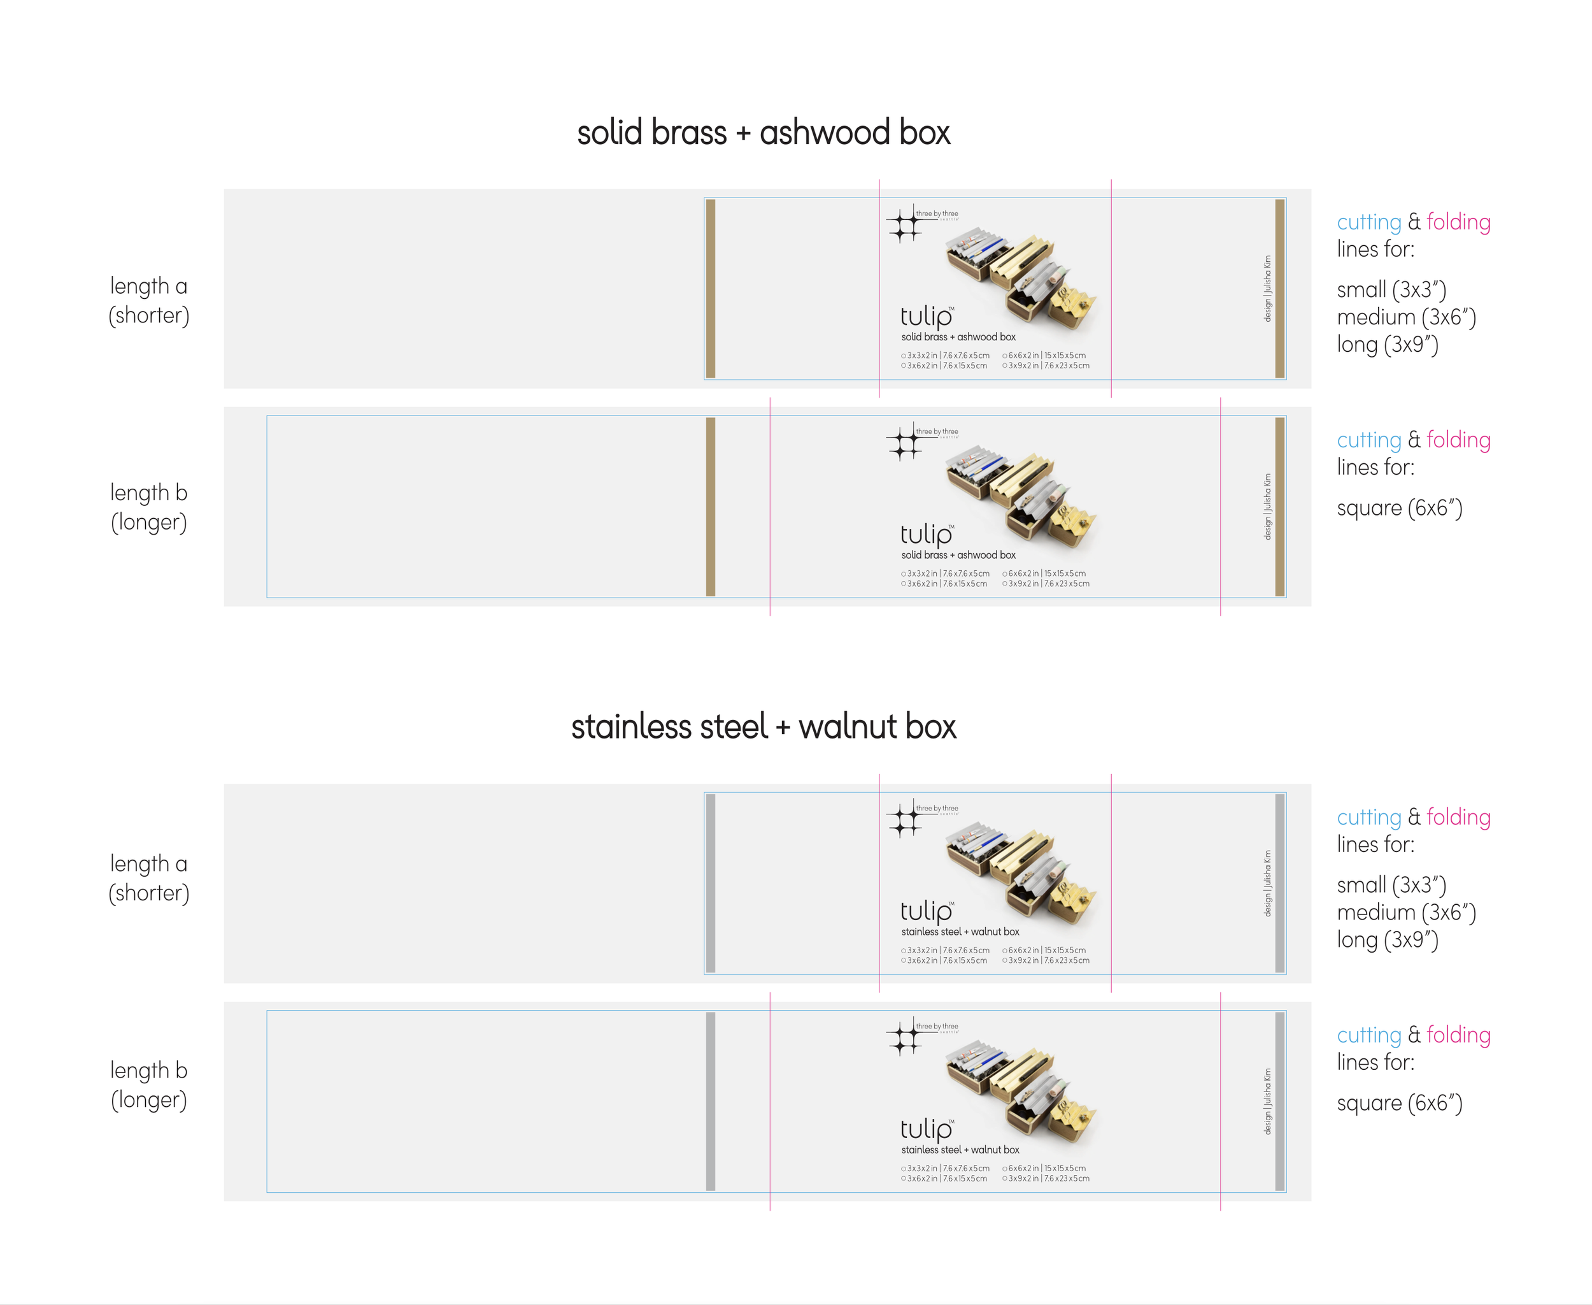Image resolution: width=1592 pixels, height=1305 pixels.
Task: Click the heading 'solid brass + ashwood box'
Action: (764, 133)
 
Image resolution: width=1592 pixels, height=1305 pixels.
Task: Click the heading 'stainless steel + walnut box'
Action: (764, 727)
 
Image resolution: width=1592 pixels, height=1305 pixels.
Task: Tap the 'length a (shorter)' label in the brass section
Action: (149, 300)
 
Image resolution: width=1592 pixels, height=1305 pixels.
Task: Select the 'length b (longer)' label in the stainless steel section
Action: (149, 1084)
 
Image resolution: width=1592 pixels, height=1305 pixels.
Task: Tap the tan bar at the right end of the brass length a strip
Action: (1279, 288)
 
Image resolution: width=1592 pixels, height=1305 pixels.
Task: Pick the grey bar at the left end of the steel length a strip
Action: (711, 883)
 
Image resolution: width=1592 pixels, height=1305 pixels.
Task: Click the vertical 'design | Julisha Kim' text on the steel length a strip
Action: (1267, 883)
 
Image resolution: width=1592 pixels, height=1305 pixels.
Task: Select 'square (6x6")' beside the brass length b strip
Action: (1399, 508)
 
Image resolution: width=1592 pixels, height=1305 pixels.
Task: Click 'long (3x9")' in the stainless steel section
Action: (1387, 940)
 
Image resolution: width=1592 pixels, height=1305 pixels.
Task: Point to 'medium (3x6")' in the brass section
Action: (1405, 317)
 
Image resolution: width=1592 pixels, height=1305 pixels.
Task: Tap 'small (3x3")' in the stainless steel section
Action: (1391, 885)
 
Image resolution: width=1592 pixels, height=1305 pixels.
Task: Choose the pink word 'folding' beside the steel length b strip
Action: (1458, 1035)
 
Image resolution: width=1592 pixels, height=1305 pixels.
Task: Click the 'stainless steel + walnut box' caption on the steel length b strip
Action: (960, 1150)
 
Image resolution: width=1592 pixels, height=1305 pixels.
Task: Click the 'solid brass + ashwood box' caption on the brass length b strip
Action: (958, 555)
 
